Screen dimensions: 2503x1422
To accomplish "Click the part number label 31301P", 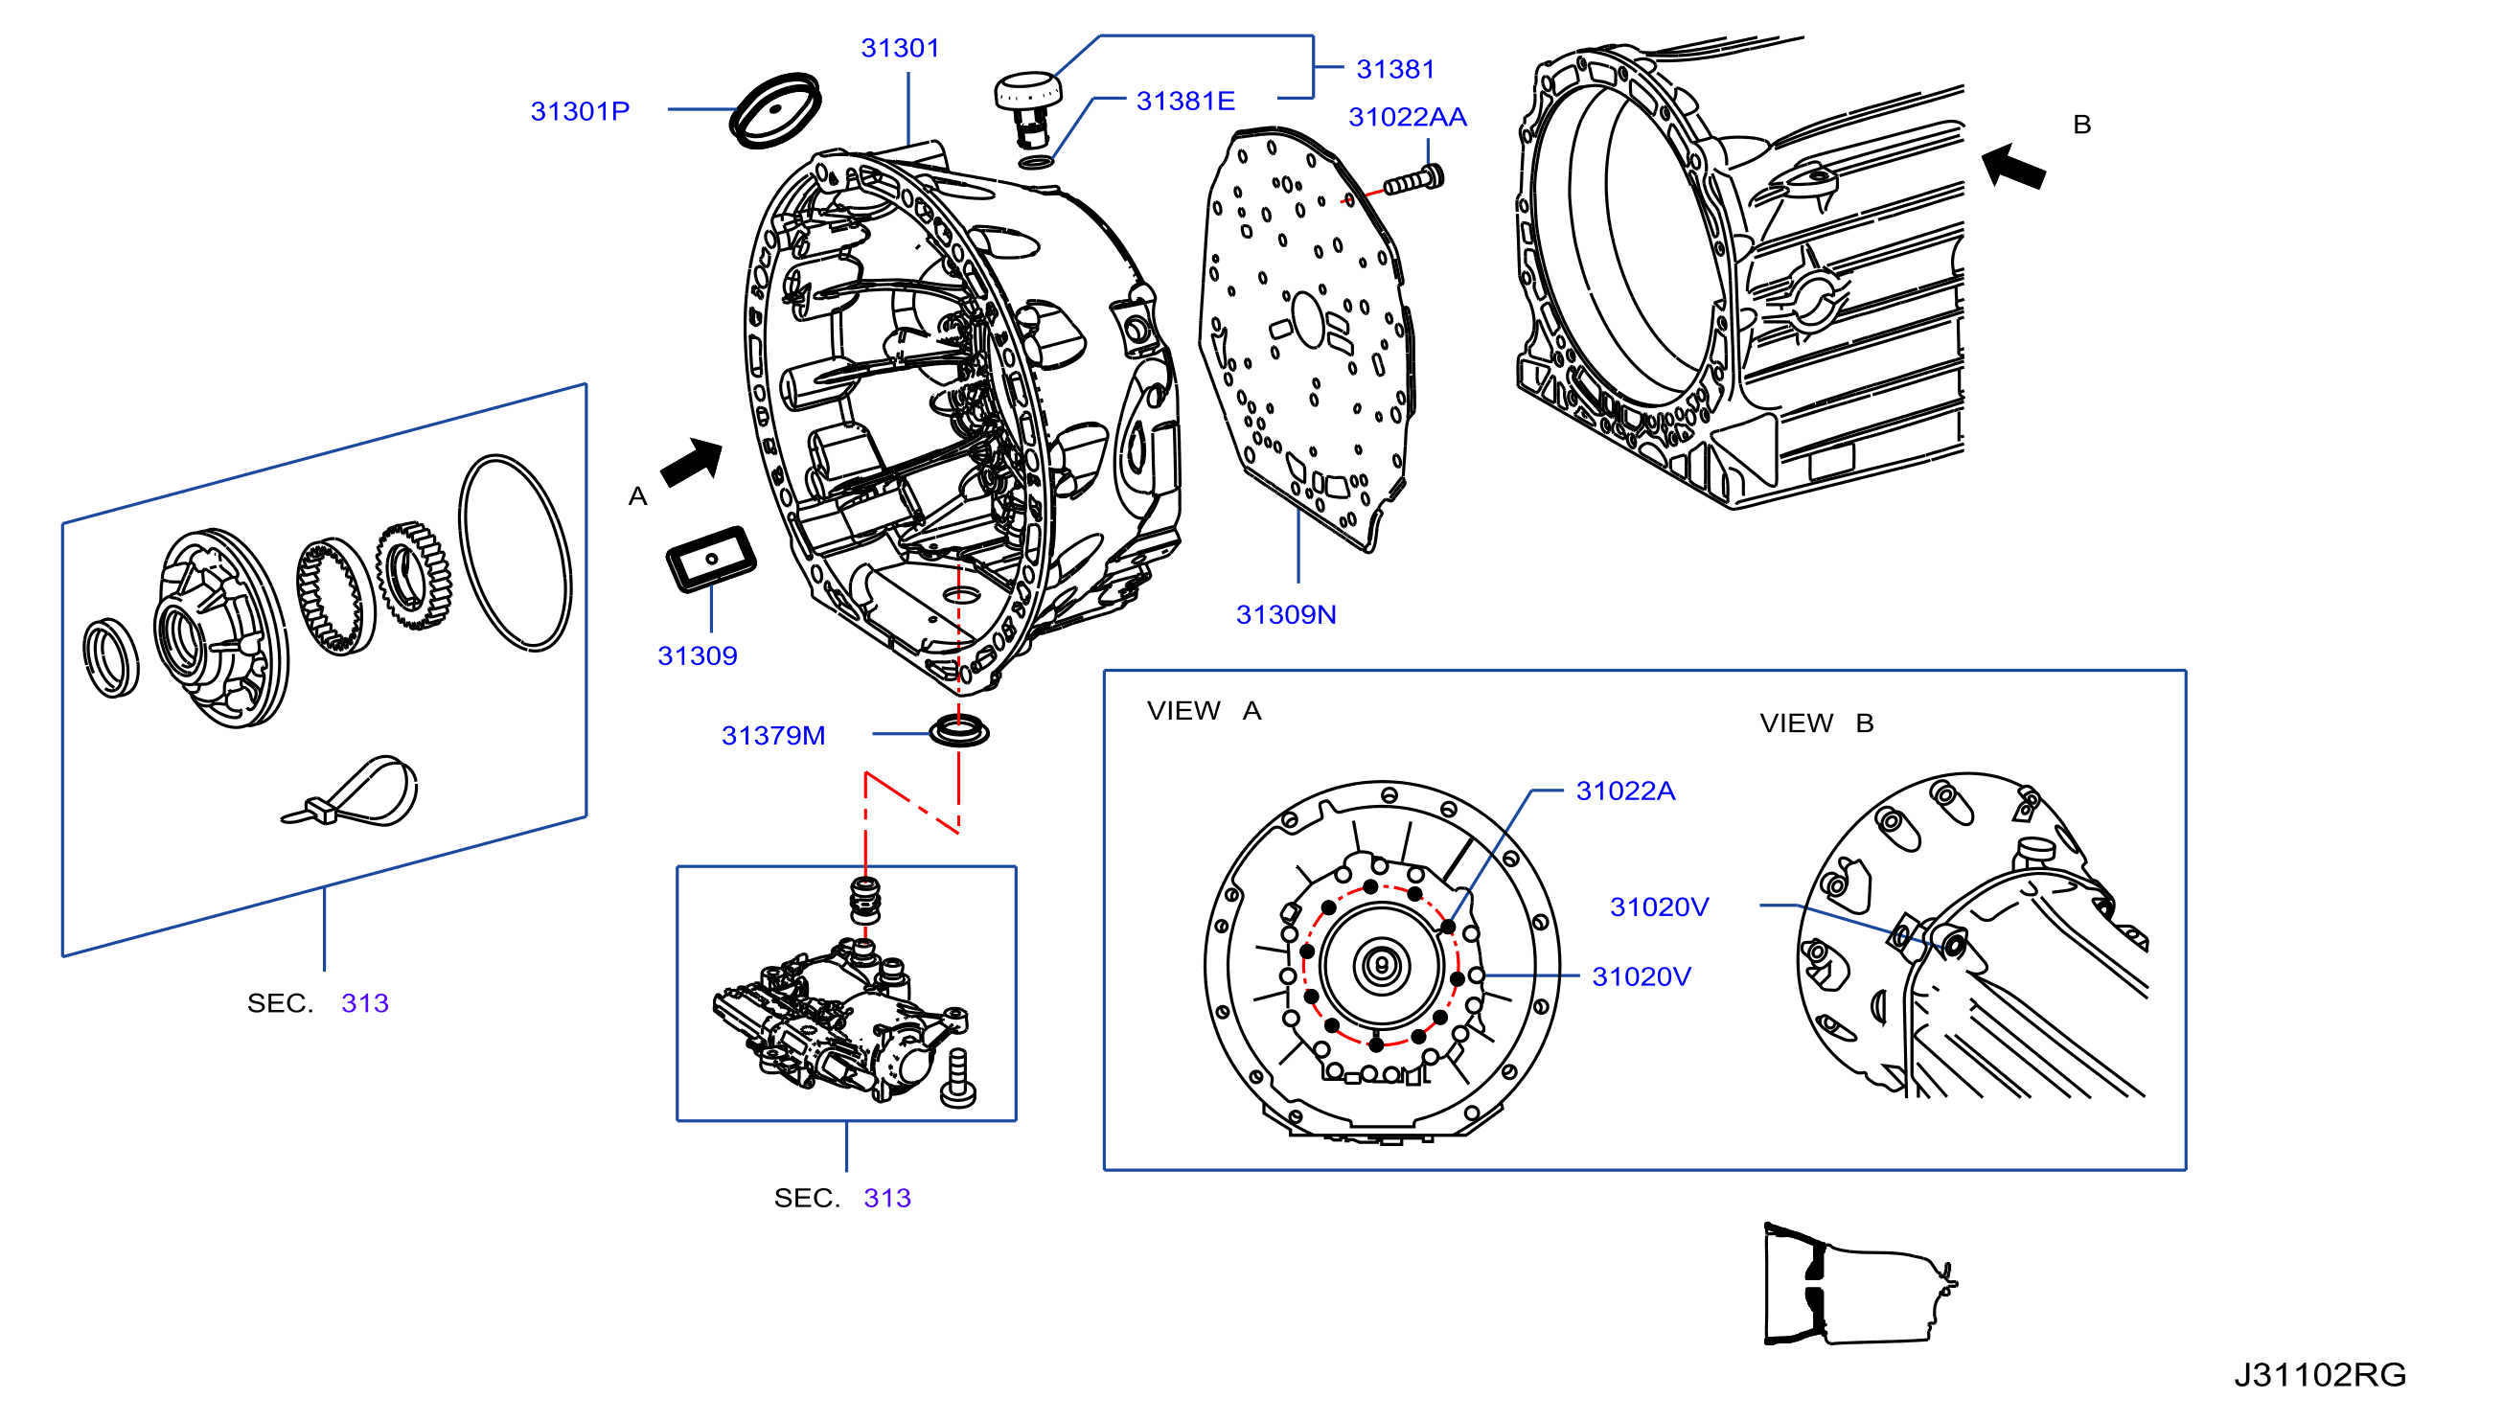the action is (579, 111).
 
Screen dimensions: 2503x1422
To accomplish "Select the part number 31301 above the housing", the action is (900, 48).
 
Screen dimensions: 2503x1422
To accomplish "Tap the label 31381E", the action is (1184, 101).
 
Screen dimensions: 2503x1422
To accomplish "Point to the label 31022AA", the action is (1408, 117).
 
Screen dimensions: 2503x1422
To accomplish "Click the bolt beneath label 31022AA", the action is (1413, 181).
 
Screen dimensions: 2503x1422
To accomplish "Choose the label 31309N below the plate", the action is (1285, 614).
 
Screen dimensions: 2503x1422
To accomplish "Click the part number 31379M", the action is (772, 735).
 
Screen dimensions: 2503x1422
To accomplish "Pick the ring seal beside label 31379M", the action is (958, 730).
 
